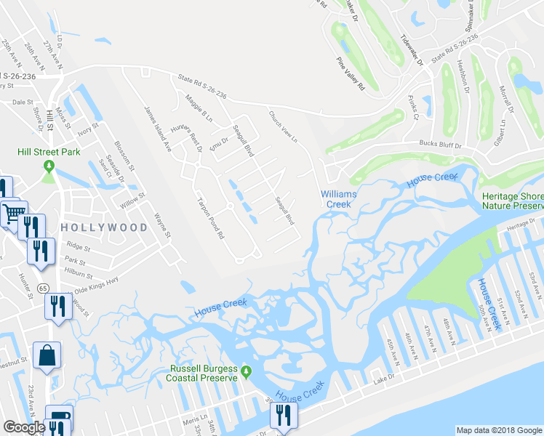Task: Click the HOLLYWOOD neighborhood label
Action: tap(105, 227)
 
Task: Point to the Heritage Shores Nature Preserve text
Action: tap(513, 202)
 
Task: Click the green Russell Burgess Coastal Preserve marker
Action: tap(247, 373)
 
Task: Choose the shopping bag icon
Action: tap(47, 357)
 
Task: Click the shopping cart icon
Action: tap(12, 214)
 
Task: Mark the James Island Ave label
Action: tap(158, 129)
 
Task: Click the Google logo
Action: tap(24, 427)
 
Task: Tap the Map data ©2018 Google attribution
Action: tap(498, 430)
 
